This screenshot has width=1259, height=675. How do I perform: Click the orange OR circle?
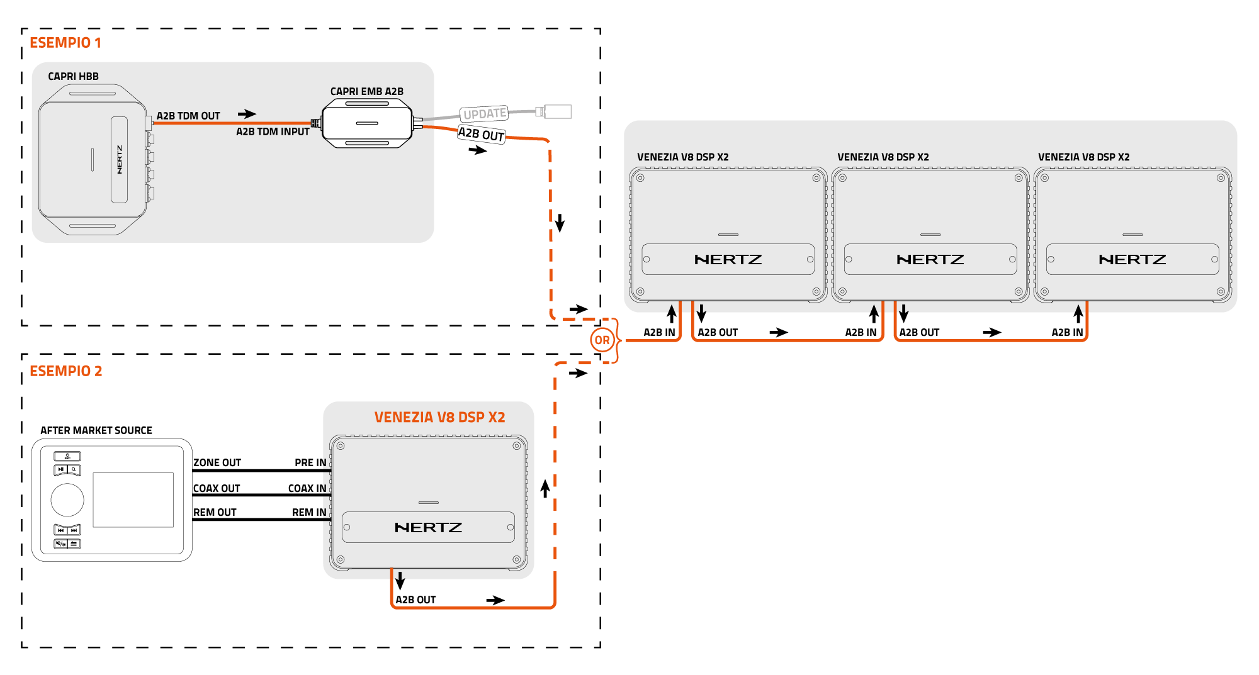pos(602,340)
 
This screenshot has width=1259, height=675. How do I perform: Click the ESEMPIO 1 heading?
pos(65,43)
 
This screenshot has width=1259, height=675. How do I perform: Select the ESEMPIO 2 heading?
pos(66,371)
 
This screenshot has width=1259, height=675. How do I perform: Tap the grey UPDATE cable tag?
pos(484,114)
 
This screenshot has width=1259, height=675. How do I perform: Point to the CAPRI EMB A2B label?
pos(367,92)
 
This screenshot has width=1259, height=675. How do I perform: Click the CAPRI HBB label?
pos(73,77)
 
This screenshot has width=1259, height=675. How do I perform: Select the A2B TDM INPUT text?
pos(273,132)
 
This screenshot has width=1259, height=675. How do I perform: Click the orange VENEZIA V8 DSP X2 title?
pos(439,418)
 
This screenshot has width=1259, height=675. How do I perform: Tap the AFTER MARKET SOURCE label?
pos(96,431)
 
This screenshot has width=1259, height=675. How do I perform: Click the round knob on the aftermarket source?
pos(67,500)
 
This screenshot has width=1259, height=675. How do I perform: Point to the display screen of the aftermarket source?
pos(133,500)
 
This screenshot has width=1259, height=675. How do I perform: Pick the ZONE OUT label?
pos(217,463)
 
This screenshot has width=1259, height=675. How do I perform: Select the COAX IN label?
pos(307,489)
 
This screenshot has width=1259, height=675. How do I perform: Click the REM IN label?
pos(309,513)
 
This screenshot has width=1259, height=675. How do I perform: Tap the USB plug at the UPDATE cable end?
pos(557,112)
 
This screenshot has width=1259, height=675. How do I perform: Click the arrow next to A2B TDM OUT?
pos(247,114)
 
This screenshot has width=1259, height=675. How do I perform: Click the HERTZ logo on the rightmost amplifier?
pos(1132,260)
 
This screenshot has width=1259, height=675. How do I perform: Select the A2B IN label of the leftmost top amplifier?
pos(659,333)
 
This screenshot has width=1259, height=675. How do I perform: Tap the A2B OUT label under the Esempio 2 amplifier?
pos(415,600)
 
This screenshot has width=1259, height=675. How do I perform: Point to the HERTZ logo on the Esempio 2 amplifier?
pos(428,528)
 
